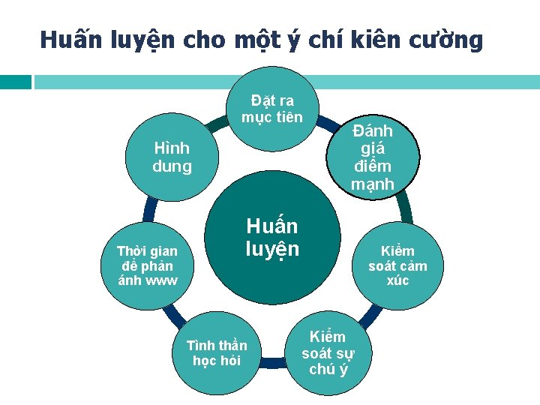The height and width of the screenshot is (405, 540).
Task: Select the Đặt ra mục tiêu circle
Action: click(x=272, y=109)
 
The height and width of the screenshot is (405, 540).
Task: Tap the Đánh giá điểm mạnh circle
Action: click(x=373, y=157)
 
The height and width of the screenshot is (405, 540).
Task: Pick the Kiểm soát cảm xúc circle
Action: click(x=397, y=265)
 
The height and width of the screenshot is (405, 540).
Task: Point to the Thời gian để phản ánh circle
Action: click(x=147, y=265)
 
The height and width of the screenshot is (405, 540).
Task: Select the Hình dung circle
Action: click(x=172, y=157)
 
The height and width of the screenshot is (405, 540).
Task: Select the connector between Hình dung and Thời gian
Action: click(x=150, y=211)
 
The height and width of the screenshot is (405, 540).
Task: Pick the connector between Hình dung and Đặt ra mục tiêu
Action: click(x=217, y=124)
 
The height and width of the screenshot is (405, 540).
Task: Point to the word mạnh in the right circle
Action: click(x=373, y=183)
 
